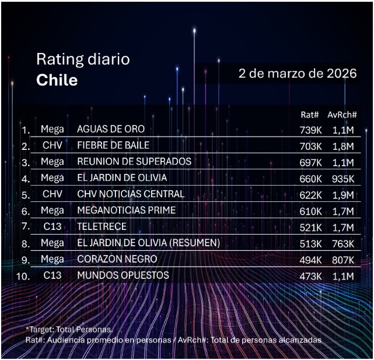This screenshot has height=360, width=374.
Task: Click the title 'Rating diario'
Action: [83, 59]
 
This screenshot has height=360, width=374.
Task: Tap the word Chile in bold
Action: [57, 80]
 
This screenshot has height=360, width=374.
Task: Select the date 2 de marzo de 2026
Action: [298, 74]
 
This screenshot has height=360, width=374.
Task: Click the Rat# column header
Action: [309, 116]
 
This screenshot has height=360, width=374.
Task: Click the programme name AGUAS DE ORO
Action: [111, 129]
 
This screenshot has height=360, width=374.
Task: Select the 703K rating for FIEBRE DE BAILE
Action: [311, 146]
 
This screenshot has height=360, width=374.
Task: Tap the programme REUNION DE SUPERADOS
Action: [134, 161]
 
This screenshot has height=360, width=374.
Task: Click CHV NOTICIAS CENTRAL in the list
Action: [131, 194]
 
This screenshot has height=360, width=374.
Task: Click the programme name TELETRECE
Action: [102, 226]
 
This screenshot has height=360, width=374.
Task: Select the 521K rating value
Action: [310, 227]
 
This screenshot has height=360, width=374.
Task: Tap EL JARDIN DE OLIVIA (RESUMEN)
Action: [148, 243]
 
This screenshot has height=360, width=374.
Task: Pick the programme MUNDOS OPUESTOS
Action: [123, 275]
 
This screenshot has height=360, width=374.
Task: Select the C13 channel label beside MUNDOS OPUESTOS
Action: [53, 275]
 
